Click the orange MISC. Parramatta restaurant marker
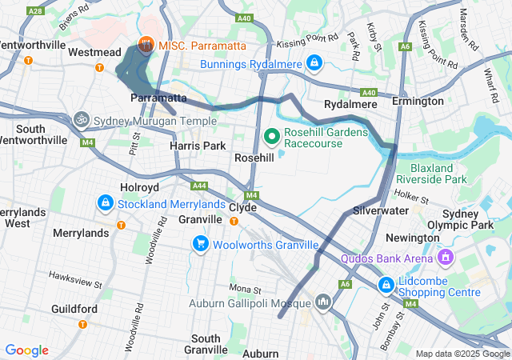click(146, 45)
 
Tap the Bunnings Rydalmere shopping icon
click(314, 63)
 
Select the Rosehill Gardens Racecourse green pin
click(271, 137)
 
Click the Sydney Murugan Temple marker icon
click(81, 121)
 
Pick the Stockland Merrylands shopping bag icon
click(105, 204)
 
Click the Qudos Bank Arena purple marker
click(446, 258)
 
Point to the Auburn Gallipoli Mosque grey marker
click(323, 302)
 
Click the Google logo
click(26, 350)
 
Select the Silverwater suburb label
click(381, 210)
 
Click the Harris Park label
click(197, 146)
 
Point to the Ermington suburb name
click(418, 102)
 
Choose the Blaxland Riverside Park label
click(438, 174)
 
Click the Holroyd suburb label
click(140, 187)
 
